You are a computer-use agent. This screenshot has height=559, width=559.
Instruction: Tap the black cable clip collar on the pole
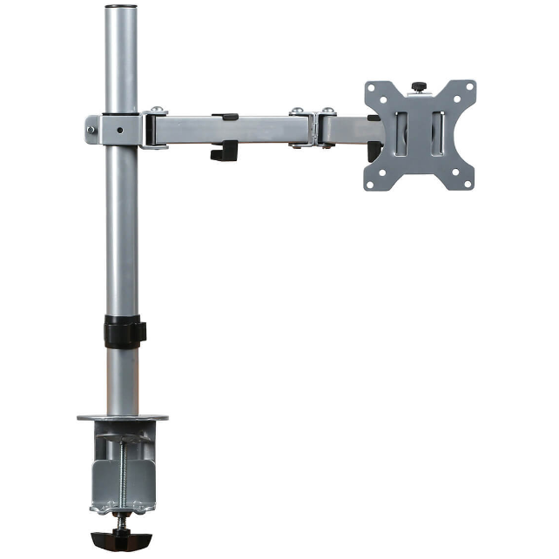(x=124, y=332)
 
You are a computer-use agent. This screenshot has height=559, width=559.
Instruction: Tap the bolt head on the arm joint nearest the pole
(x=157, y=111)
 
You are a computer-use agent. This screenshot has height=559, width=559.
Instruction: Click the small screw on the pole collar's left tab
(x=91, y=131)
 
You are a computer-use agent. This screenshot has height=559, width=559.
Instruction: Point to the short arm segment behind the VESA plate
(x=344, y=131)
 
